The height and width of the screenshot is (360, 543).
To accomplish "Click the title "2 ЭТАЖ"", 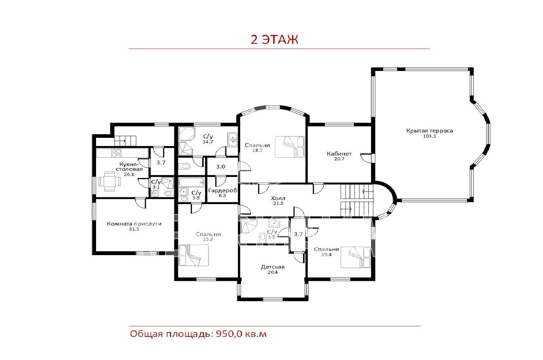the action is point(275,39).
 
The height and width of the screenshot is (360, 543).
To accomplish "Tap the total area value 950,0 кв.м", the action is point(241,334).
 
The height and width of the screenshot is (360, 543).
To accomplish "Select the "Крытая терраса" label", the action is point(430,130).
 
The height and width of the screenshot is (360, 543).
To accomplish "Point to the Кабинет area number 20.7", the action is point(339,159).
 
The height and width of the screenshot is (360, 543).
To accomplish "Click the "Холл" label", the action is point(278,198).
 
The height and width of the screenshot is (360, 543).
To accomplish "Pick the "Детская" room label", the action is point(273,267).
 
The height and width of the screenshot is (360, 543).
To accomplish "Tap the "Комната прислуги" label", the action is point(134,224).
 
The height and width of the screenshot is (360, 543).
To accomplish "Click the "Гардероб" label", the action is point(223,191).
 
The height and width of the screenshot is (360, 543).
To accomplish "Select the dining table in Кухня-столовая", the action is point(110,181).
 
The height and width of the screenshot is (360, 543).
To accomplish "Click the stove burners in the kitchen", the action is point(116,153).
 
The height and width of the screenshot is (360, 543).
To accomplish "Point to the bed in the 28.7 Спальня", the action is point(290,147).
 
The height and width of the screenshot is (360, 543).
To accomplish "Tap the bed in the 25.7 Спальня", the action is point(194,255).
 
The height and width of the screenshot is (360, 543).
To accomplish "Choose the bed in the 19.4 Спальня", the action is point(356,257).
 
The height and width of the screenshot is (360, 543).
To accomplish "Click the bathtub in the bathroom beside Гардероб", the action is point(191,182).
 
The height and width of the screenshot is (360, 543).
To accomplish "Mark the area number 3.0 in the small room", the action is point(221,167).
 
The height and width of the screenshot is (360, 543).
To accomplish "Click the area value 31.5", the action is point(134,229).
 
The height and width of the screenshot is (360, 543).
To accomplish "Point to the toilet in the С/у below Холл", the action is point(263,237).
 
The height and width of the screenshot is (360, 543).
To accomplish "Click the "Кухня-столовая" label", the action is point(129,167).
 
